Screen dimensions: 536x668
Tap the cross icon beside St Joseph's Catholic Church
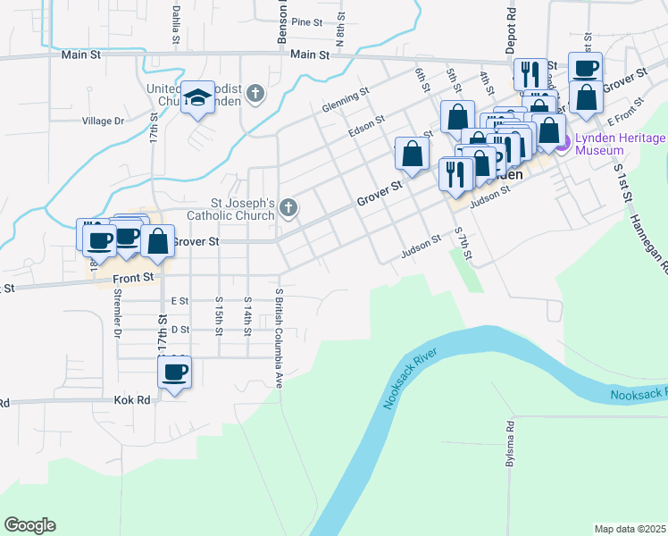pos(288,208)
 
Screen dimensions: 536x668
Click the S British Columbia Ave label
pos(279,338)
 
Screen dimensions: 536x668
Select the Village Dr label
pos(103,121)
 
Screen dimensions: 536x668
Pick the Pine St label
pos(305,22)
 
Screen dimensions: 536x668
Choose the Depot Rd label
pos(512,27)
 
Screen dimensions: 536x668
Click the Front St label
pos(134,279)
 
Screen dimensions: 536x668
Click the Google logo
pos(29,525)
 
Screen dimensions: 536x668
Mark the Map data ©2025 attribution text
pos(630,529)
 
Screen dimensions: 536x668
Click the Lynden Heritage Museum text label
pos(619,144)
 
